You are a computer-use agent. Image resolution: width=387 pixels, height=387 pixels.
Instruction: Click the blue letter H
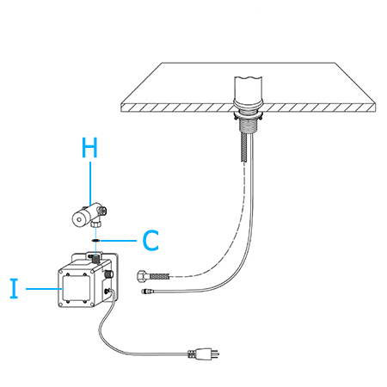pyautogui.click(x=89, y=147)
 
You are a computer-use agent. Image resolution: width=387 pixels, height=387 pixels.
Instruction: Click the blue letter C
pyautogui.click(x=150, y=240)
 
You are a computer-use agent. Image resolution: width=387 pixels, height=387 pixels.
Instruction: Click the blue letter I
pyautogui.click(x=14, y=288)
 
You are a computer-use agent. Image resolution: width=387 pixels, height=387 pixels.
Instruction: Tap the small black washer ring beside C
pyautogui.click(x=95, y=240)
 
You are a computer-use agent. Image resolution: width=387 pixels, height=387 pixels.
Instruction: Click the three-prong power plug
pyautogui.click(x=204, y=353)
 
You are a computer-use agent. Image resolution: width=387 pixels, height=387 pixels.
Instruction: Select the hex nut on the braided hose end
pyautogui.click(x=142, y=276)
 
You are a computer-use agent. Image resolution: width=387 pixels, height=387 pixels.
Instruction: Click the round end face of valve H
pyautogui.click(x=78, y=220)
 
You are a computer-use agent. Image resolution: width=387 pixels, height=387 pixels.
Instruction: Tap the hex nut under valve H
pyautogui.click(x=95, y=224)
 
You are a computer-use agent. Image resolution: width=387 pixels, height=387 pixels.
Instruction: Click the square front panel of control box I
pyautogui.click(x=76, y=288)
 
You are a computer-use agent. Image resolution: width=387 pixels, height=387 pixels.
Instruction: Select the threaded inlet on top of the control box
pyautogui.click(x=95, y=258)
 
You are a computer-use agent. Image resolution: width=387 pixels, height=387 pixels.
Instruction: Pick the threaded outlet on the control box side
pyautogui.click(x=109, y=273)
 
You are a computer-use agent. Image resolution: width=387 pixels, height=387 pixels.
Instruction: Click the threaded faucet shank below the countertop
pyautogui.click(x=247, y=126)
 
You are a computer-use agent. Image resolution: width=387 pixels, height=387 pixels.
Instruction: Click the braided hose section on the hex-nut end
pyautogui.click(x=158, y=276)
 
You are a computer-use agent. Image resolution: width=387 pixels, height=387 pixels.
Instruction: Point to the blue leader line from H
pyautogui.click(x=90, y=183)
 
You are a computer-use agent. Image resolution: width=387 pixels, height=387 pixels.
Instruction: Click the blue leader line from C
pyautogui.click(x=119, y=240)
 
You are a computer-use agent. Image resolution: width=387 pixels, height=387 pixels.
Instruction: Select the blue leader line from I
pyautogui.click(x=44, y=289)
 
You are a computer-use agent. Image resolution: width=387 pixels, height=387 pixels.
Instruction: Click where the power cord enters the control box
pyautogui.click(x=108, y=292)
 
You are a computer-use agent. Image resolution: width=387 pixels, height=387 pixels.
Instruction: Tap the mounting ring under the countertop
pyautogui.click(x=249, y=116)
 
